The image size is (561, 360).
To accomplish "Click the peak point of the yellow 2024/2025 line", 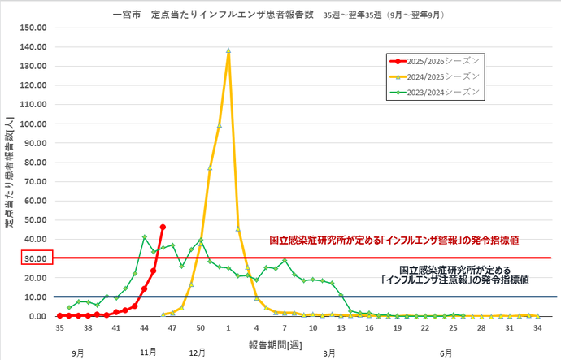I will tap(228, 50).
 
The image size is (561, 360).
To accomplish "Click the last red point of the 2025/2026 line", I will tap(163, 227).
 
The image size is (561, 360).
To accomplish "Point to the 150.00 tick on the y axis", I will tap(33, 27).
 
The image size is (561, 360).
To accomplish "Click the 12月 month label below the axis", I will tap(198, 353).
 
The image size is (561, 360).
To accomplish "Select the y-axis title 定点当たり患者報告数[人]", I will tap(9, 171).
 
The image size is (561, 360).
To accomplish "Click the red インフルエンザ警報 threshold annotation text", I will tap(395, 241).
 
